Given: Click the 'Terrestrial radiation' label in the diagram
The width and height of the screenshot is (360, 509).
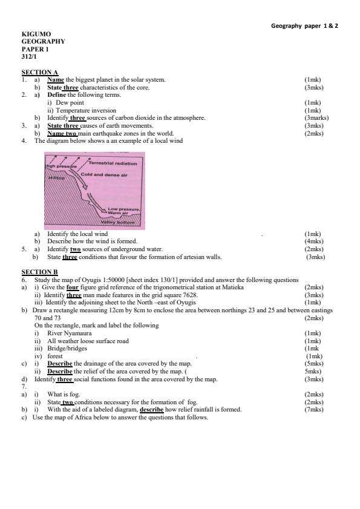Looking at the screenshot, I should coord(113,163).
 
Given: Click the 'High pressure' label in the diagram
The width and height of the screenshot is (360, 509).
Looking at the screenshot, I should coord(58,165).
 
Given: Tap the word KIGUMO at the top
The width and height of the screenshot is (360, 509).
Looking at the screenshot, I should coord(36,34).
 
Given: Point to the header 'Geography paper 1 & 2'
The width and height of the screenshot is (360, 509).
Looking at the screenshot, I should coord(304,25).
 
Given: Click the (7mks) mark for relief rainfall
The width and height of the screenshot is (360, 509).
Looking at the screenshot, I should coord(314,410).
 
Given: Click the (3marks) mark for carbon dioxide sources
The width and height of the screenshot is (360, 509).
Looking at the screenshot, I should coord(316,117).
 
